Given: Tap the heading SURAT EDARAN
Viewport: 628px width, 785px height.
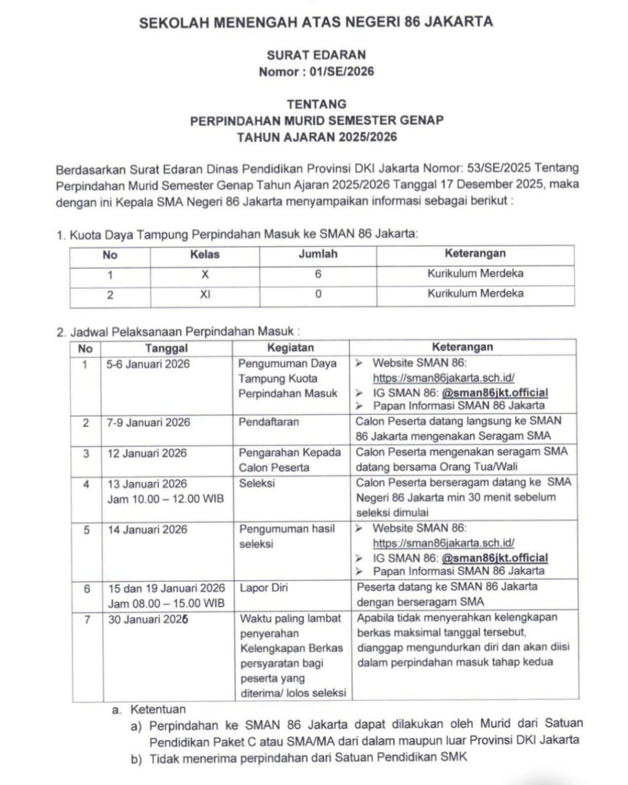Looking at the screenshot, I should (316, 55).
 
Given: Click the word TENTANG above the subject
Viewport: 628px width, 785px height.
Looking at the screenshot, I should (316, 104).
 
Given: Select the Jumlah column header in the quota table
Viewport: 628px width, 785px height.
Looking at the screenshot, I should (318, 254).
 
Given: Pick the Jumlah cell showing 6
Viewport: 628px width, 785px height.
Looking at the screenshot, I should (318, 274).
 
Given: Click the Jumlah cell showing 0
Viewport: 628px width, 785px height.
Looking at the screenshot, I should (318, 294).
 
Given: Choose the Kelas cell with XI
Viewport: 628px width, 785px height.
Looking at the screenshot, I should (205, 294).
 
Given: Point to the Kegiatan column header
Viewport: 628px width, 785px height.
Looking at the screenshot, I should (291, 348).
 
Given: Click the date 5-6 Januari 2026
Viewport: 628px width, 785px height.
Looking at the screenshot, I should (148, 364).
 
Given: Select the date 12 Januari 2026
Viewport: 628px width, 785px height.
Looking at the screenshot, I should (147, 453).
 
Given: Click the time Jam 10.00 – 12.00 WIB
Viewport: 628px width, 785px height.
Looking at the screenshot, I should (166, 499).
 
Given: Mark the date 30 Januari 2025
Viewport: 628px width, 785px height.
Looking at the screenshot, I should (148, 619).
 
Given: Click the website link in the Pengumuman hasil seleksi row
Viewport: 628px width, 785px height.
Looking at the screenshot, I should (443, 543).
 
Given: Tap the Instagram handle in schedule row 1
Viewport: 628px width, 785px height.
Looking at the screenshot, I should (494, 392).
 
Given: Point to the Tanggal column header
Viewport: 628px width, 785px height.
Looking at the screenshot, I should (166, 348).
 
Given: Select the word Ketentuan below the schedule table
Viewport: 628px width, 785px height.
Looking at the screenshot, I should (158, 710).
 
